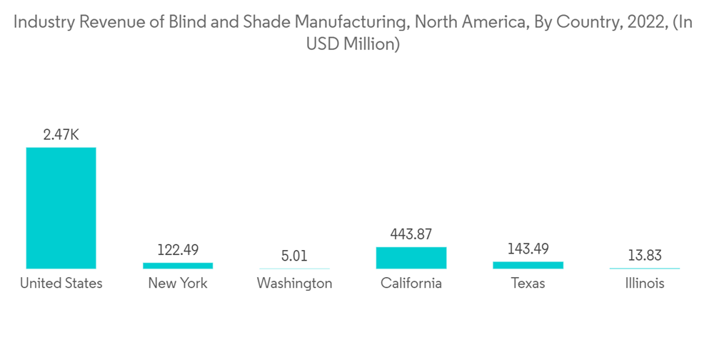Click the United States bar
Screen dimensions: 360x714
click(61, 208)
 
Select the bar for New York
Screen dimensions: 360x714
click(178, 266)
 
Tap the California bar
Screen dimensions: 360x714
click(411, 258)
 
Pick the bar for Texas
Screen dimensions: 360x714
click(528, 265)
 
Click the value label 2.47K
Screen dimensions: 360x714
click(61, 134)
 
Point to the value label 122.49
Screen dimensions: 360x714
click(178, 250)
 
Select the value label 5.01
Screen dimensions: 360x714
click(294, 256)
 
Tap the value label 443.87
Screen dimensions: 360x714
click(411, 234)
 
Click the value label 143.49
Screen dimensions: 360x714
click(528, 249)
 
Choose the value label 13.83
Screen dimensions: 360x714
click(645, 256)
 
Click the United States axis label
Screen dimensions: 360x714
click(61, 284)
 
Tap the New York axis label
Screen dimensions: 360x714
click(178, 284)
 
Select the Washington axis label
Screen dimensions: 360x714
click(294, 284)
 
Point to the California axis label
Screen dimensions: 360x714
click(411, 284)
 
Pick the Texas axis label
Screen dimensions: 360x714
click(528, 284)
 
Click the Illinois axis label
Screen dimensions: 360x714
click(645, 284)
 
